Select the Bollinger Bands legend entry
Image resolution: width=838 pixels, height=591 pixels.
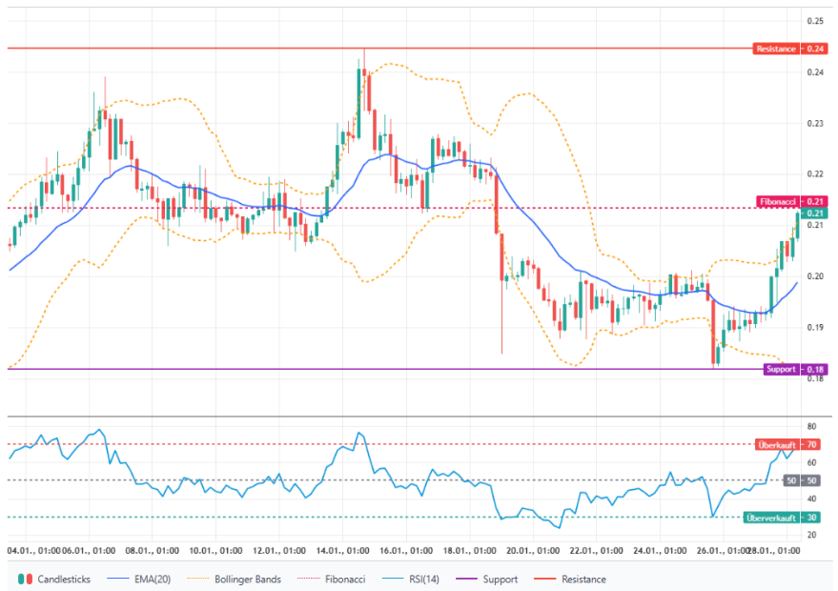235,579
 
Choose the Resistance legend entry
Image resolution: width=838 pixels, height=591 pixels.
575,579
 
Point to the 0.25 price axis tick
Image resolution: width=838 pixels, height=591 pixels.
815,21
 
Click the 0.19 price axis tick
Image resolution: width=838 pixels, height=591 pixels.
815,327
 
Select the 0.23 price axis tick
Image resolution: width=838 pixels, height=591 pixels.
815,124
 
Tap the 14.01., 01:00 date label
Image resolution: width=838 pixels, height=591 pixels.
343,551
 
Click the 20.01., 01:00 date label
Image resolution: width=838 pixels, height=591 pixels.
532,551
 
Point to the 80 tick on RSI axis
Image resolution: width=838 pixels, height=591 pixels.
811,426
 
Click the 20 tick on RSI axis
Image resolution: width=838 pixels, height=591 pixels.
811,535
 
